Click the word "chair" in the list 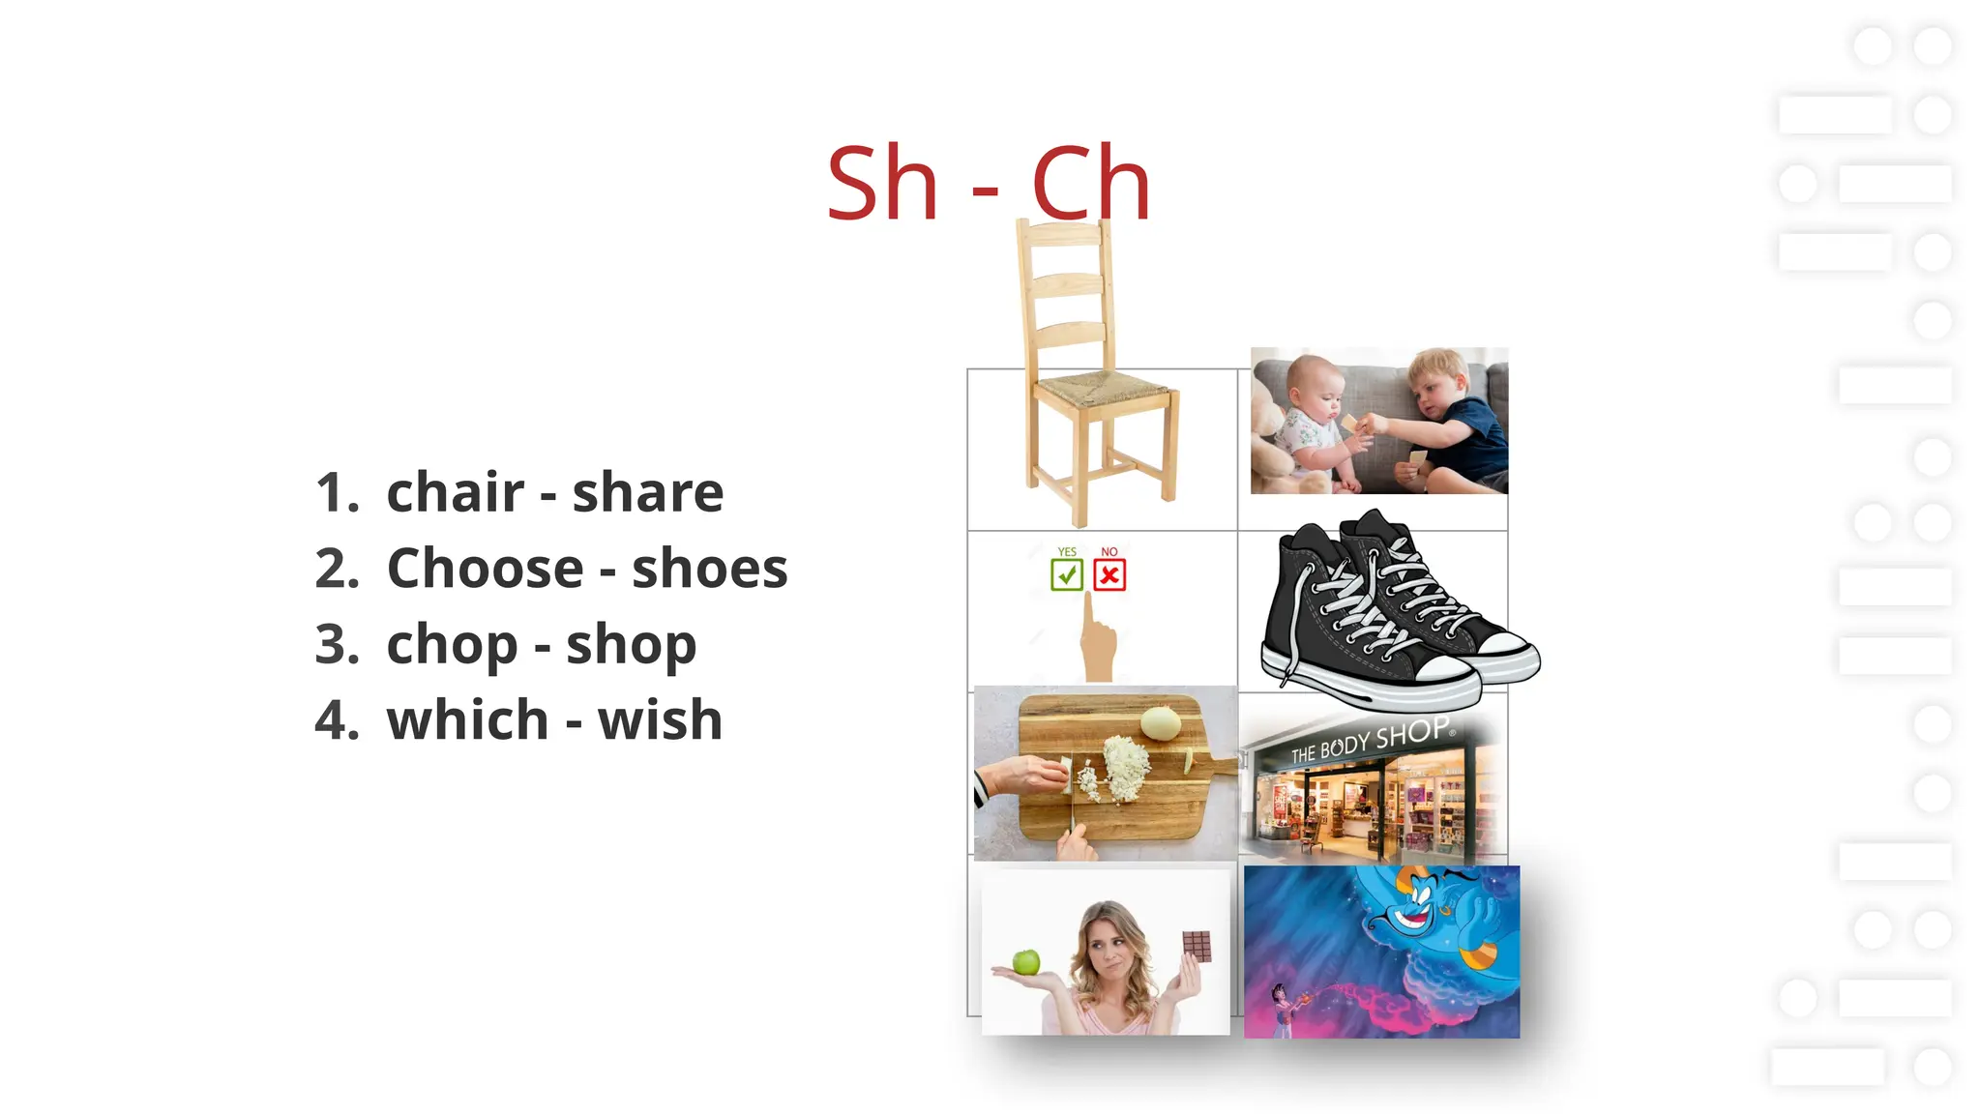[455, 492]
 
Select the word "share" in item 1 [647, 492]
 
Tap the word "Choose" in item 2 [485, 568]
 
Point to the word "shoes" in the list [709, 568]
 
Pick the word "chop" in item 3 [452, 644]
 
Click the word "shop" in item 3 [631, 644]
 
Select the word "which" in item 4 [467, 720]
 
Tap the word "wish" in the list [660, 720]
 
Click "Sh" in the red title [881, 184]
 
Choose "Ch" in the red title [1090, 184]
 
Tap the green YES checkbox [1066, 575]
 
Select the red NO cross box [1109, 575]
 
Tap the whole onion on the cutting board [1160, 721]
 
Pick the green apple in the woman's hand [1025, 961]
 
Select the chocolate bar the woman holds [1197, 945]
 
